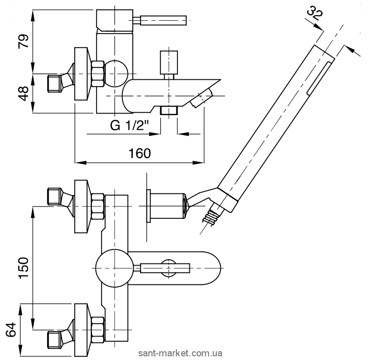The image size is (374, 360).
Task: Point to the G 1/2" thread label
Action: (x=130, y=125)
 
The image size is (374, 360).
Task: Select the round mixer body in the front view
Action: (x=111, y=268)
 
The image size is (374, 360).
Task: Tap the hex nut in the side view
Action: (x=98, y=74)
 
